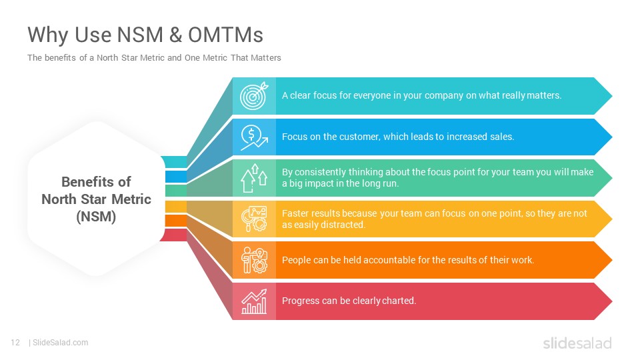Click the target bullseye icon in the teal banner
[254, 96]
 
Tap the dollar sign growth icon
[254, 137]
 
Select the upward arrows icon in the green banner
[254, 178]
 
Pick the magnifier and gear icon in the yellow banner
[254, 219]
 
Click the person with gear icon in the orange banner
[254, 260]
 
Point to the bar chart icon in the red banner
[254, 301]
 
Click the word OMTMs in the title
[225, 35]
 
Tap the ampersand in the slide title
[175, 35]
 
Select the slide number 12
[15, 343]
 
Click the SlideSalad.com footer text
[61, 343]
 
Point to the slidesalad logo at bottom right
[577, 343]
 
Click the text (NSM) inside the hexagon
[96, 216]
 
